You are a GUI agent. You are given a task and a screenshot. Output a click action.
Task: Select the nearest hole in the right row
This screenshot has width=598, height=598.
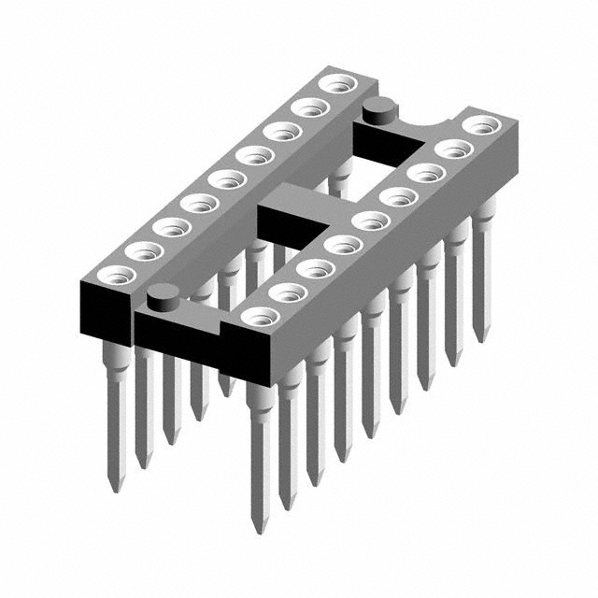point(261,316)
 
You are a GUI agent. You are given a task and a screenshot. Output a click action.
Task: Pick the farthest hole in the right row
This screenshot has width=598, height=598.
point(480,124)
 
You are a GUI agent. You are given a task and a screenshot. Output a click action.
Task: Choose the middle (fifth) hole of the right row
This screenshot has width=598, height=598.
point(371,221)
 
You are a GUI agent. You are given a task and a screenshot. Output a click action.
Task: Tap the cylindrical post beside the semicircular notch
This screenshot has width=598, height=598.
point(378,109)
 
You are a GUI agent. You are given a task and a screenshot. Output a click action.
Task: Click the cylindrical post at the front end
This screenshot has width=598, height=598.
point(164,299)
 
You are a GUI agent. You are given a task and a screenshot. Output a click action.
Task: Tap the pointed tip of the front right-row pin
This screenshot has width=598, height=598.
point(259,523)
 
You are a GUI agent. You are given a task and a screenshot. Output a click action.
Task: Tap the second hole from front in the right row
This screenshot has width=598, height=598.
point(289,292)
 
